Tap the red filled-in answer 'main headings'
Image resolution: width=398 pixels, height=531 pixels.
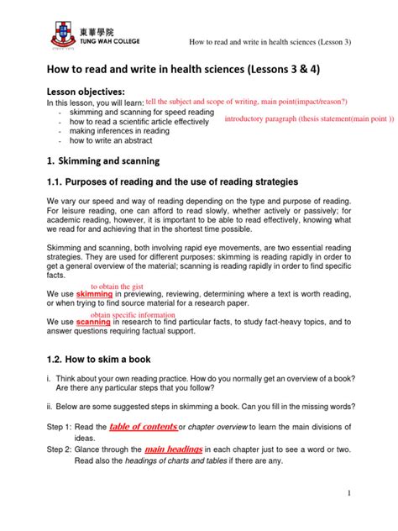pyautogui.click(x=175, y=450)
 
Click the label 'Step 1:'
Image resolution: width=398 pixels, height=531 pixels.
pyautogui.click(x=60, y=428)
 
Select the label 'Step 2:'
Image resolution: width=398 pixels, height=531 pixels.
pyautogui.click(x=60, y=451)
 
